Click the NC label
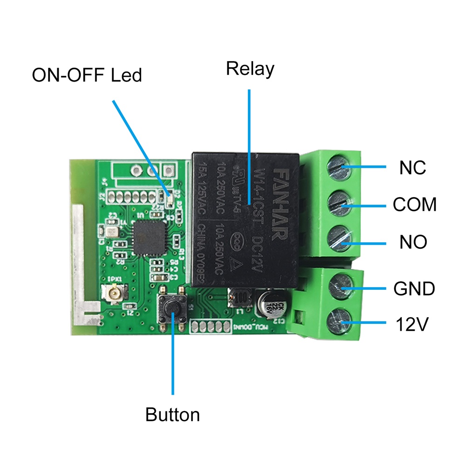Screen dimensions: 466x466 tap(412, 167)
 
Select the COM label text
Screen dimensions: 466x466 tap(414, 205)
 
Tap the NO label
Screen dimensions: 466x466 tap(413, 242)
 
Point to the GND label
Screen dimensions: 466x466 tap(414, 289)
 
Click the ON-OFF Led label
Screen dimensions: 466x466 tap(87, 75)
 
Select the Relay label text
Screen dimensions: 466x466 tap(250, 69)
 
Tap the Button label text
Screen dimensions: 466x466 tap(172, 414)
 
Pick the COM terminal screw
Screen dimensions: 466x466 tap(340, 202)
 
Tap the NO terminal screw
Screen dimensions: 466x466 tap(340, 238)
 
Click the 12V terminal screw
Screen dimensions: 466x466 tap(340, 322)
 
